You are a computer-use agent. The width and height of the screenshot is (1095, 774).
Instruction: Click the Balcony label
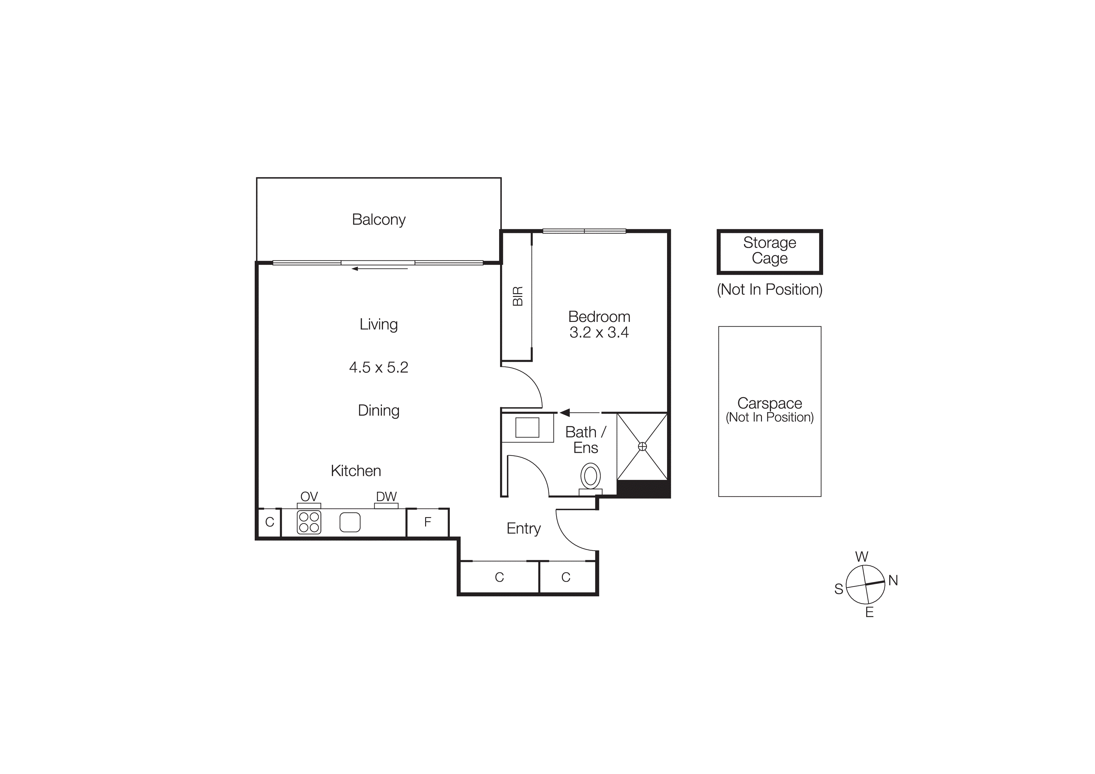378,219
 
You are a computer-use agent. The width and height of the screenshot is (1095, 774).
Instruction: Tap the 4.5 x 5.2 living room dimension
378,367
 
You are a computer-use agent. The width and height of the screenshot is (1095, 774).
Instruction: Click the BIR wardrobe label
518,296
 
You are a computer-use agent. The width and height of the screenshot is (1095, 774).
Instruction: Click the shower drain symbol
642,446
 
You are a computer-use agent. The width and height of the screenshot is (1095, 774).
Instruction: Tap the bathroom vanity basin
527,427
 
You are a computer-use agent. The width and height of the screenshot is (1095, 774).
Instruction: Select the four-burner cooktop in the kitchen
309,522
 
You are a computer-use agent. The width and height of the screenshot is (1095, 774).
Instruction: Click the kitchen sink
350,522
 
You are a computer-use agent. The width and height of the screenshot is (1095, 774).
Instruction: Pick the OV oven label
309,496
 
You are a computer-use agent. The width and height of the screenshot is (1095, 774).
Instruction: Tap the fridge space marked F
427,522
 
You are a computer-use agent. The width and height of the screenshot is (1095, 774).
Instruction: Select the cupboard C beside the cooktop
269,522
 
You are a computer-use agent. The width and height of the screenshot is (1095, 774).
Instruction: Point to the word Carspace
769,403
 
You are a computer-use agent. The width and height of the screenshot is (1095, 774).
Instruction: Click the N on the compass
893,580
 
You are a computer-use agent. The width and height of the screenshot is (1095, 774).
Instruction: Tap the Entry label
523,528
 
